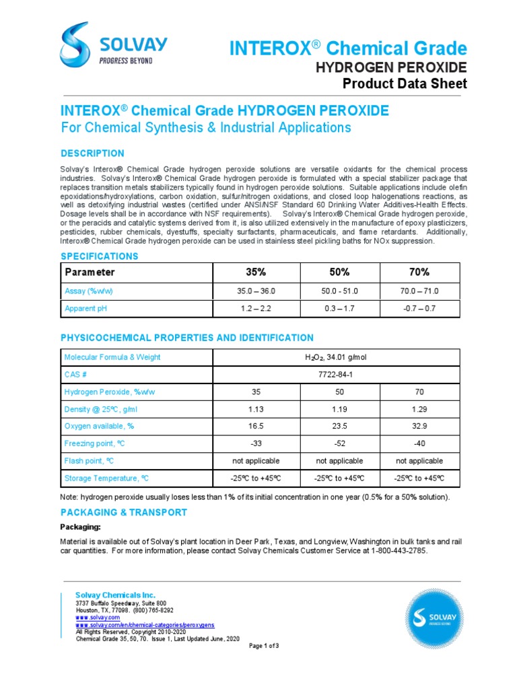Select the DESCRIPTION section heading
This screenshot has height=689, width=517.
(x=92, y=153)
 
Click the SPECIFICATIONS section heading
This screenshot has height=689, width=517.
(x=100, y=256)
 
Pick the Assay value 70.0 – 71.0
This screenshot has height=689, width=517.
(x=419, y=291)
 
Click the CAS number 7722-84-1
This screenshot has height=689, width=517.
(x=336, y=374)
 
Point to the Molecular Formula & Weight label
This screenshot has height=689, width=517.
(x=112, y=357)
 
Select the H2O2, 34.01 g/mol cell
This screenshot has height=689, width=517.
(x=336, y=357)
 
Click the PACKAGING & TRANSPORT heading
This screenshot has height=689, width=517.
(x=124, y=512)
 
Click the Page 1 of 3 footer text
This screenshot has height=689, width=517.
(x=264, y=646)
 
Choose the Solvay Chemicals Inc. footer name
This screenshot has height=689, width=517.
(x=115, y=595)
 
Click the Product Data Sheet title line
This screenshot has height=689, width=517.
(x=405, y=83)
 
